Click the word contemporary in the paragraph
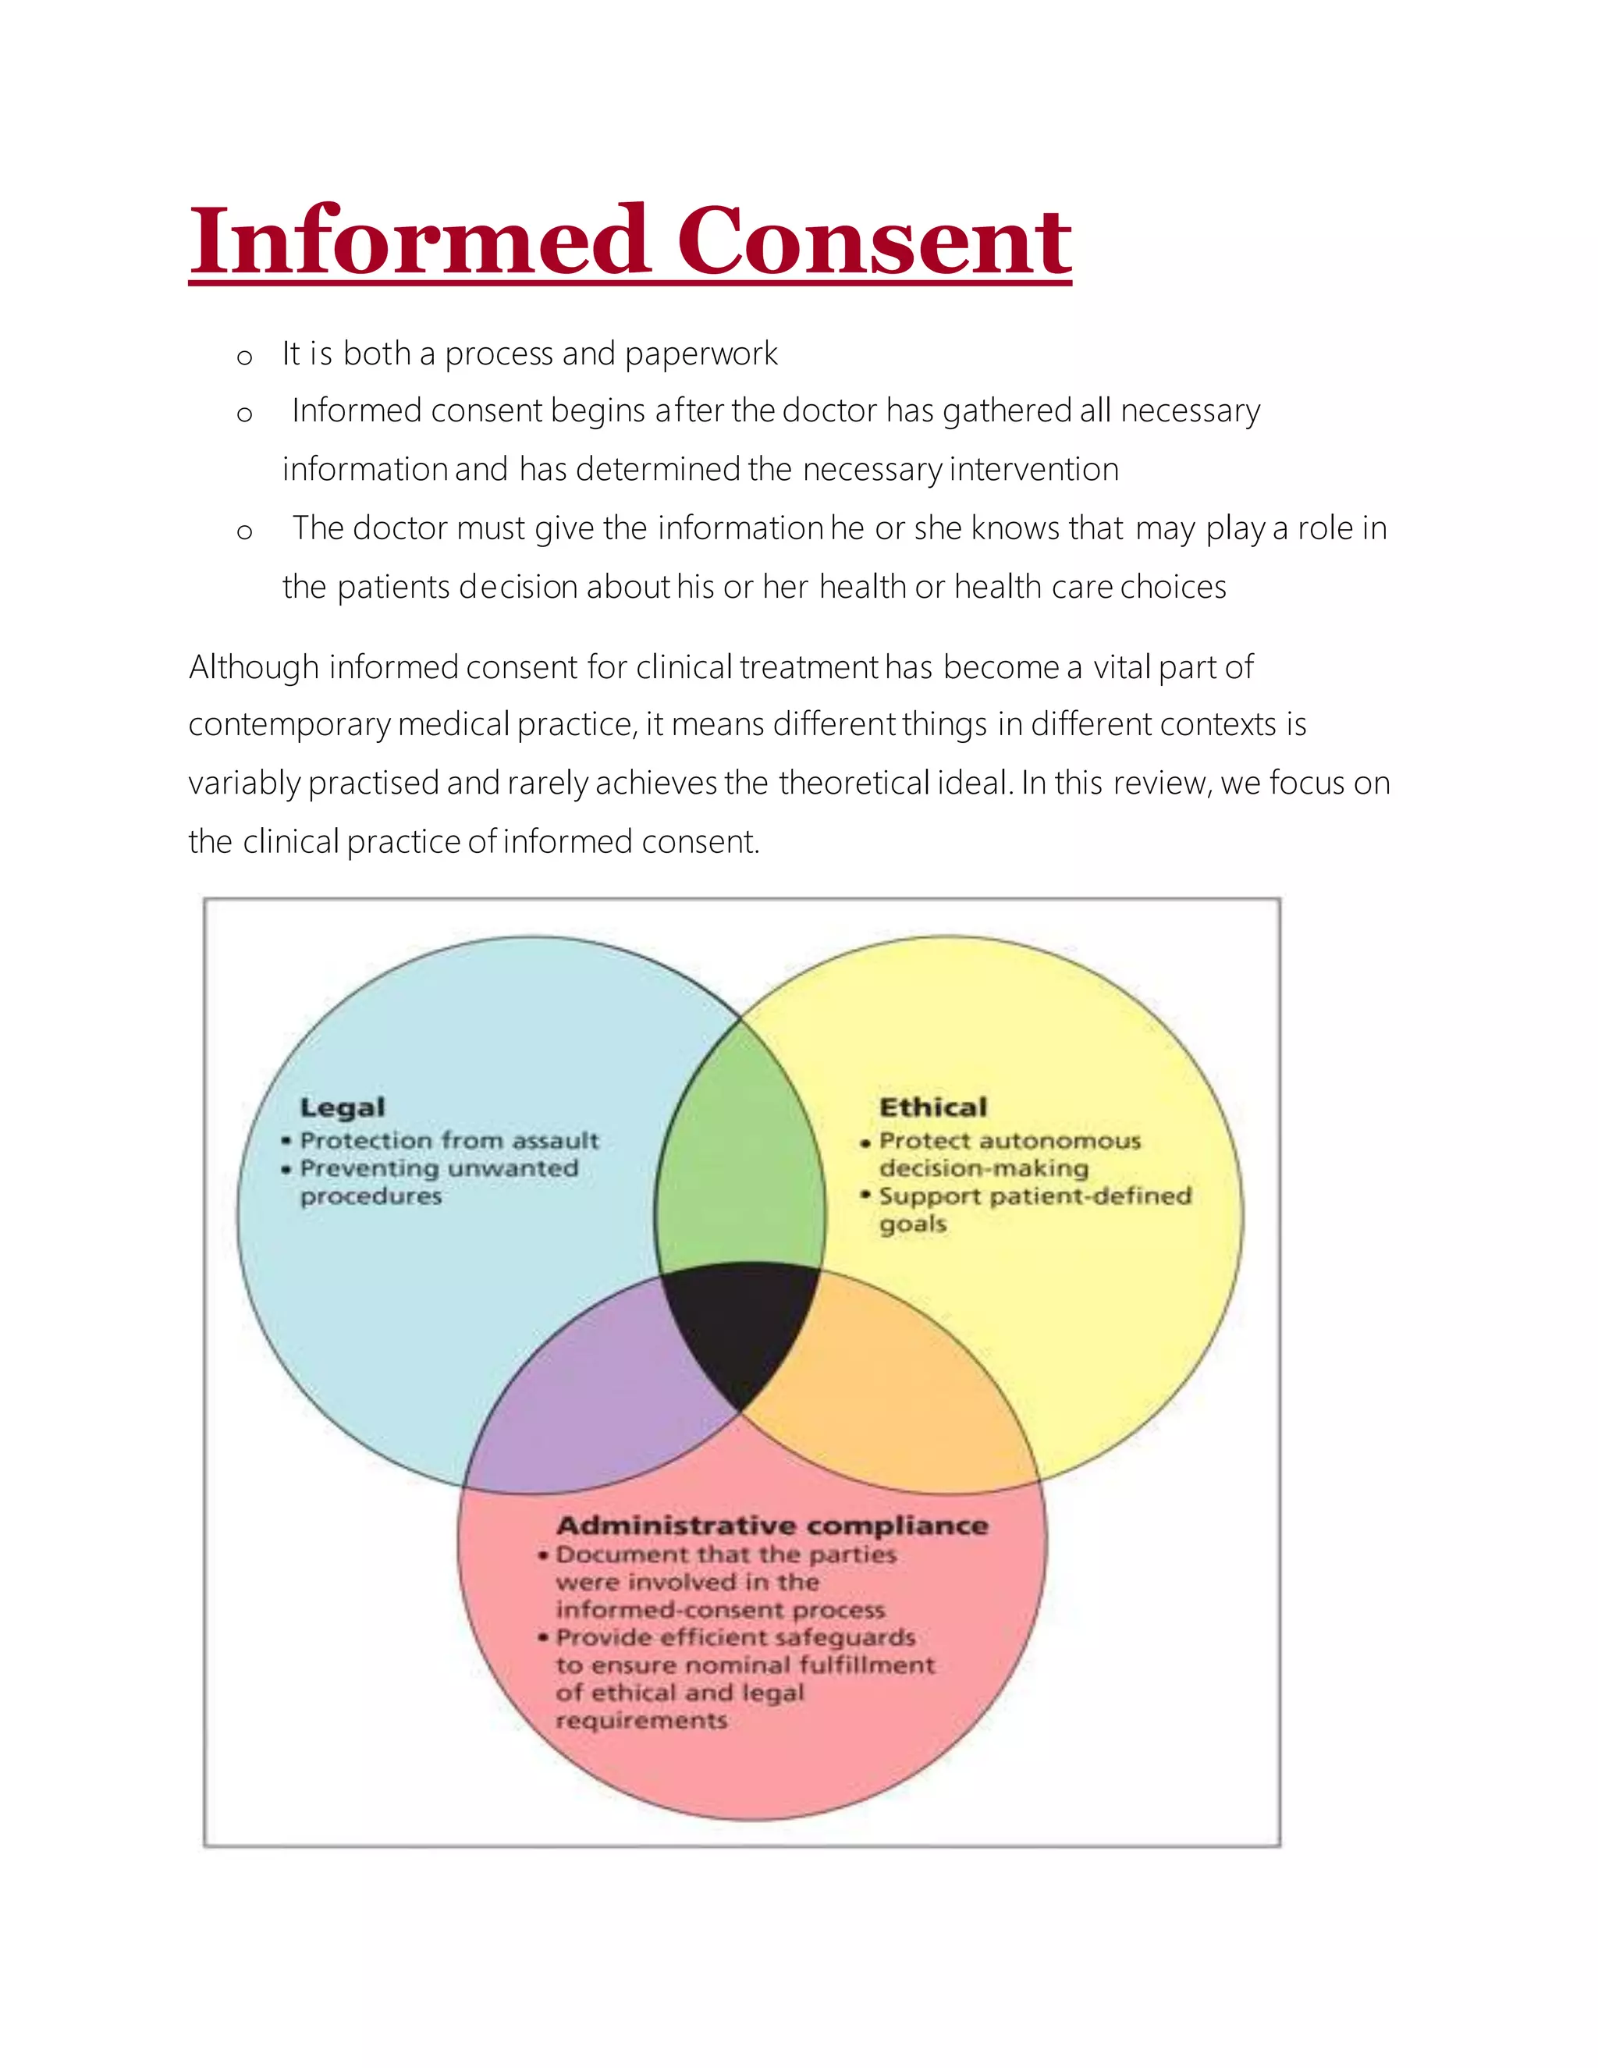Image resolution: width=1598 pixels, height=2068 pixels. (289, 725)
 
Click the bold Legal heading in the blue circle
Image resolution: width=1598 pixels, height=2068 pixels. (343, 1108)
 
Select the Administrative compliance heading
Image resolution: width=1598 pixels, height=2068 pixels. (772, 1526)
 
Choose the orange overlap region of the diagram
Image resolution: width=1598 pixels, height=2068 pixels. (890, 1392)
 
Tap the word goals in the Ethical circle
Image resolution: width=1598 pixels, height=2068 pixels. (913, 1224)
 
